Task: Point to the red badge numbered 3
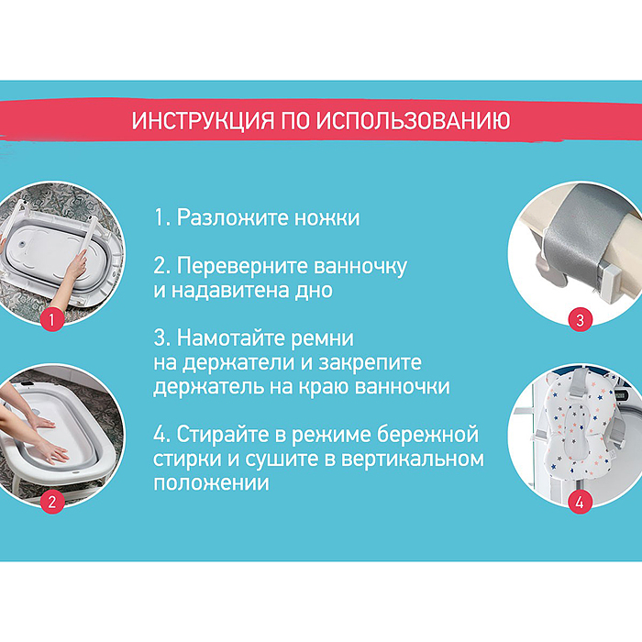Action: pos(580,320)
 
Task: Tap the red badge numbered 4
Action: pos(580,502)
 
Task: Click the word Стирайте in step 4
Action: pos(223,434)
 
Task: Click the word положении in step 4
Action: pos(211,481)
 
